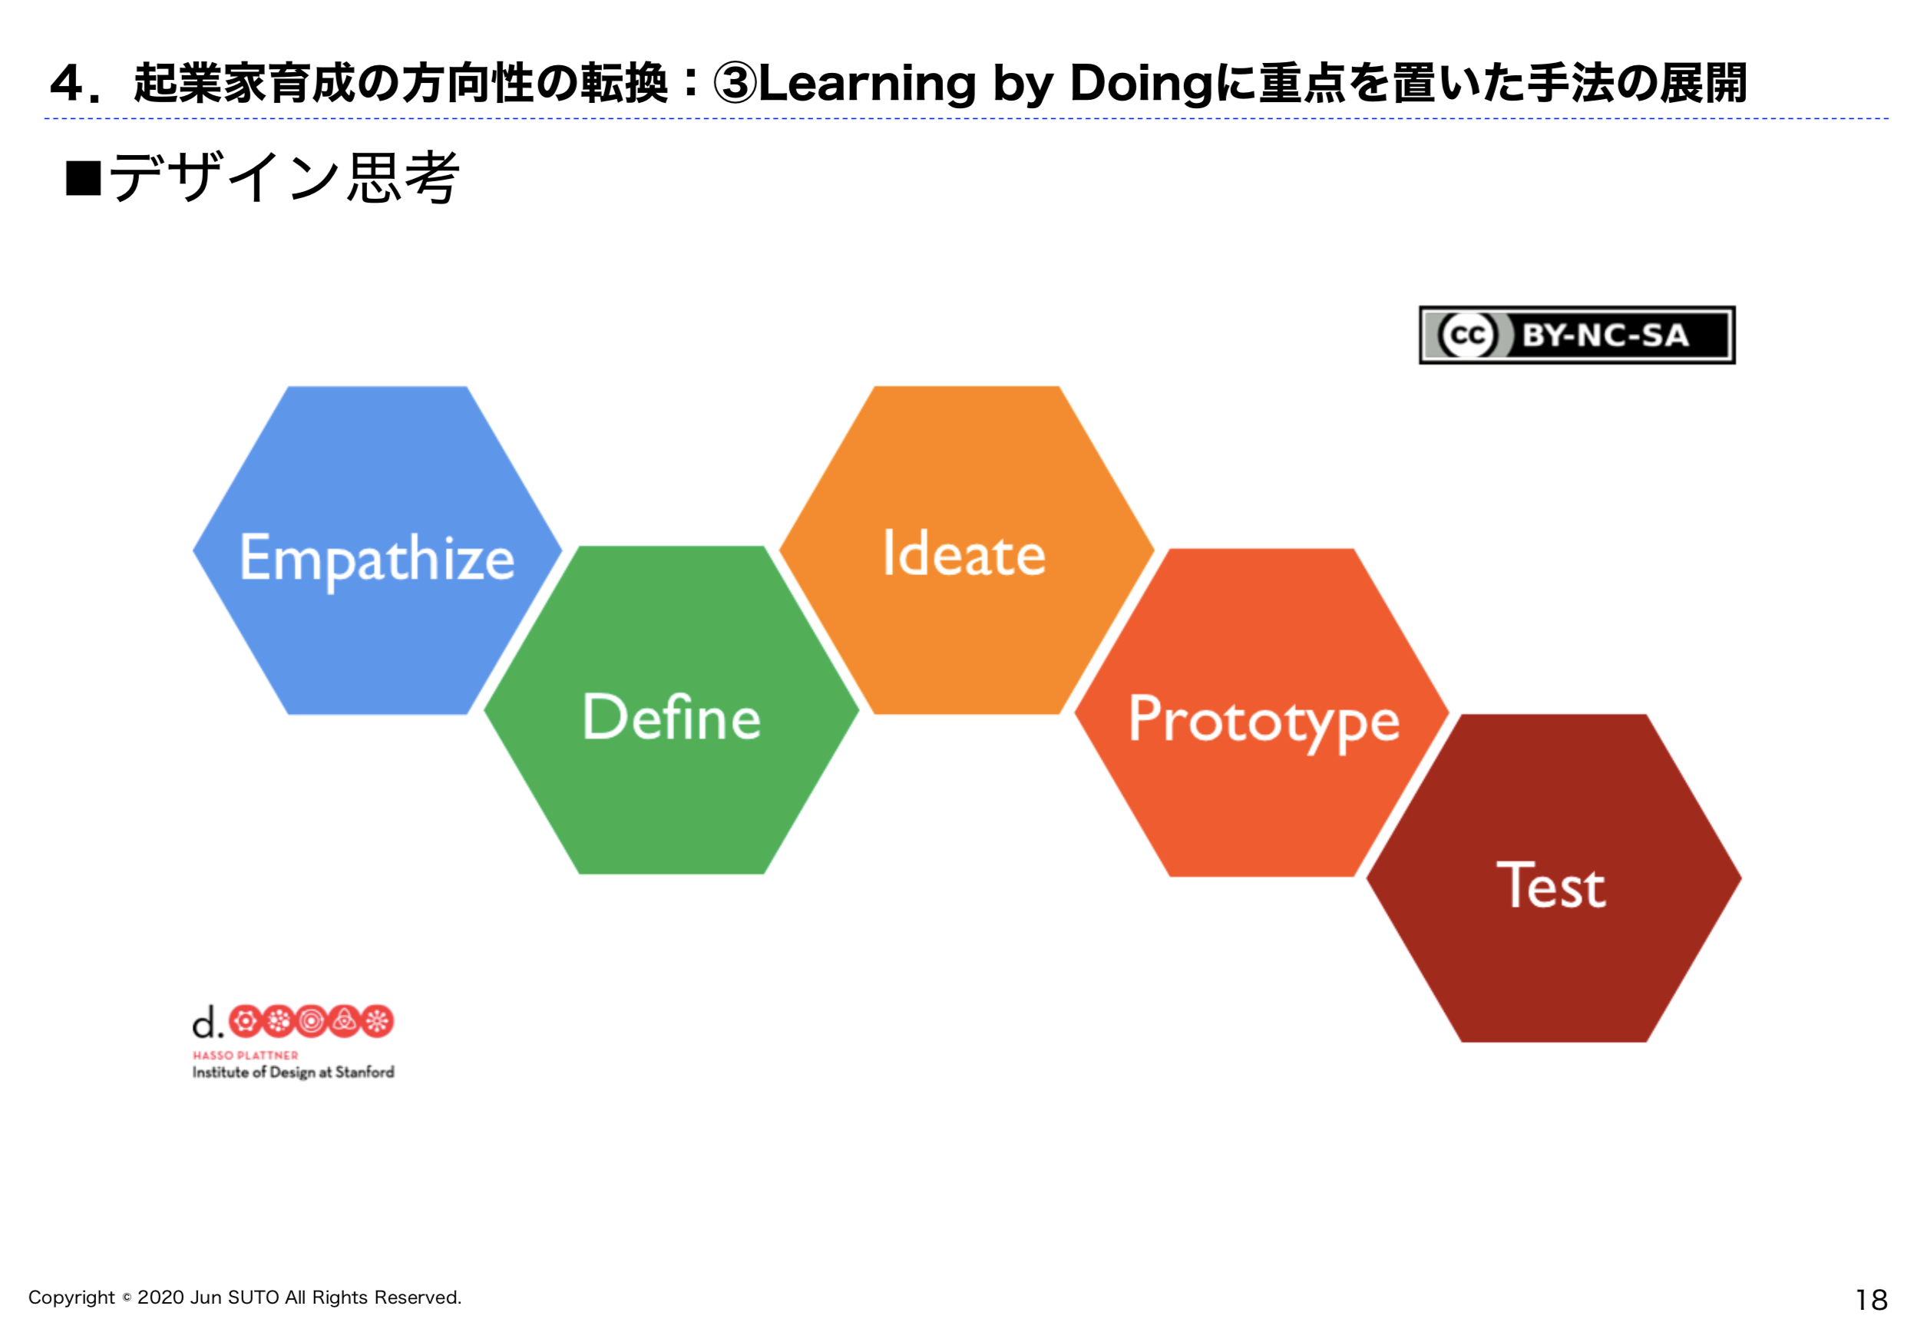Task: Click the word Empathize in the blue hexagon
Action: tap(378, 560)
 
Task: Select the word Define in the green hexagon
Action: tap(672, 716)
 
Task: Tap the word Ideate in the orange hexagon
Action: tap(964, 553)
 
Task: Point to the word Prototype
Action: tap(1264, 722)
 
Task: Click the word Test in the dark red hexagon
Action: tap(1552, 885)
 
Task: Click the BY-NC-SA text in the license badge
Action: tap(1605, 336)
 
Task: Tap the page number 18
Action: tap(1872, 1299)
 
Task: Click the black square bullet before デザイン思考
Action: tap(84, 177)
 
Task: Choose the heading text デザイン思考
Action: tap(284, 177)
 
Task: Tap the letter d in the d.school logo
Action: tap(203, 1023)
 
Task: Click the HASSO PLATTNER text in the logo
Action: tap(245, 1056)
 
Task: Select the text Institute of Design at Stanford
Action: tap(293, 1073)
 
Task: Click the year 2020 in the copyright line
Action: tap(160, 1298)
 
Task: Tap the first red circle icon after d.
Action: tap(245, 1022)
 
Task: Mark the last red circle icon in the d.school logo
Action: tap(378, 1022)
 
